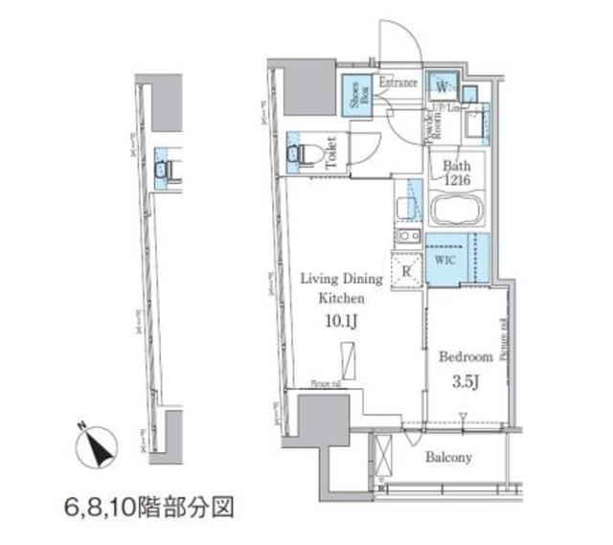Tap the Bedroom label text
(465, 356)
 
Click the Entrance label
(398, 83)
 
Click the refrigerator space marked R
(408, 270)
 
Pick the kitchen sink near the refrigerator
(409, 237)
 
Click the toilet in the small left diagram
(163, 170)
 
